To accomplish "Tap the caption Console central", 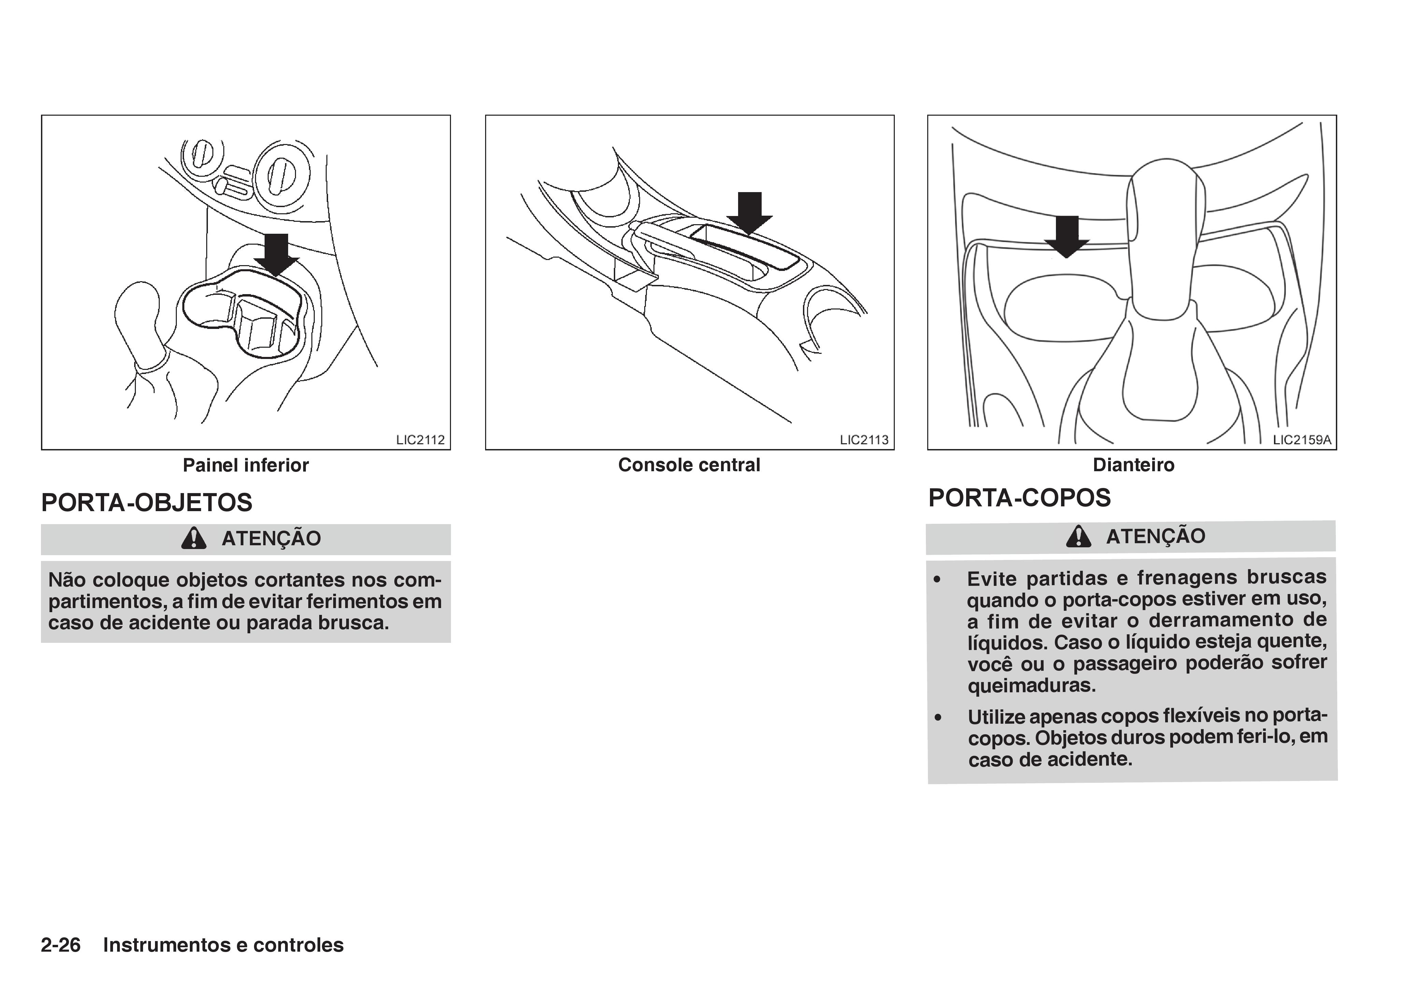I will [x=689, y=465].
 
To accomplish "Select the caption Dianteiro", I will [x=1133, y=465].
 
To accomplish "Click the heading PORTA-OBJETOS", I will [x=146, y=502].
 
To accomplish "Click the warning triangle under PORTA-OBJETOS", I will [x=194, y=538].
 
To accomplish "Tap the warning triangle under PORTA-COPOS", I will [x=1079, y=536].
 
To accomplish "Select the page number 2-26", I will [x=60, y=944].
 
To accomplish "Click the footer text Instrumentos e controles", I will [x=223, y=944].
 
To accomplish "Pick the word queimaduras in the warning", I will [x=1031, y=684].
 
